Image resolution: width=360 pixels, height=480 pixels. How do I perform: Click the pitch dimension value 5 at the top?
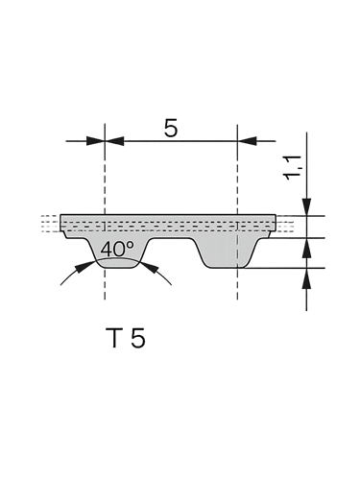click(x=170, y=128)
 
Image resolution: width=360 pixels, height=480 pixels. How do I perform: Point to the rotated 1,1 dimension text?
click(x=293, y=167)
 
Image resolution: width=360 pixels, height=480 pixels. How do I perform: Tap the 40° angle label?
click(x=117, y=250)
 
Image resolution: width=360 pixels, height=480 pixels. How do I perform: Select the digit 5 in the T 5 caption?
click(x=138, y=338)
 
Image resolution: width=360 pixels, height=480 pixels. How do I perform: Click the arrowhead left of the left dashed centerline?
click(x=95, y=141)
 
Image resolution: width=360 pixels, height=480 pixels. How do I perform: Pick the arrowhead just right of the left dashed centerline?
click(x=114, y=141)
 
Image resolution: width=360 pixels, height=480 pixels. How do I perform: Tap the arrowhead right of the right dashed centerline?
click(x=247, y=141)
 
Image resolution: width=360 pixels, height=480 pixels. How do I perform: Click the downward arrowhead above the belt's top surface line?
click(x=306, y=206)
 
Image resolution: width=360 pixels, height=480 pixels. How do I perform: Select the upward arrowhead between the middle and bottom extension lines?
click(x=306, y=248)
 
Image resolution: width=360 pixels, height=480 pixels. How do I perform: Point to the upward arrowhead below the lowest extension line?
click(x=306, y=278)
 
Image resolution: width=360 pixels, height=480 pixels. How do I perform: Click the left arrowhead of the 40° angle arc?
click(x=84, y=267)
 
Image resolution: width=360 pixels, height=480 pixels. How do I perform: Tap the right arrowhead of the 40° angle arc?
click(x=151, y=267)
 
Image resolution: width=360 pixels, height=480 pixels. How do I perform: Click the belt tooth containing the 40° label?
click(x=117, y=252)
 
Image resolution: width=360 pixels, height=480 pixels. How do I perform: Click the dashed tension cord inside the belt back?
click(x=168, y=226)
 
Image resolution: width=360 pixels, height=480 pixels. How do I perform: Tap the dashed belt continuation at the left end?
click(x=51, y=223)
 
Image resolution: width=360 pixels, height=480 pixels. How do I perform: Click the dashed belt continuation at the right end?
click(x=284, y=223)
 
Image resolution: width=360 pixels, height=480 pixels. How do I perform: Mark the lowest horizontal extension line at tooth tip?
click(x=285, y=268)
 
